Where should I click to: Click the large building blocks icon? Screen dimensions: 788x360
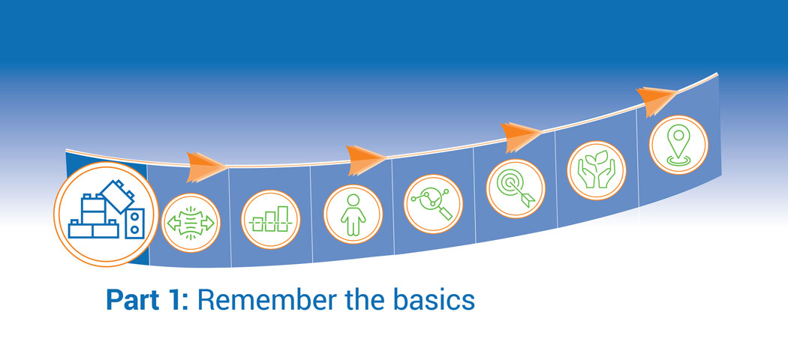click(106, 214)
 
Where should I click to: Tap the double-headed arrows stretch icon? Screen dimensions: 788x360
click(191, 223)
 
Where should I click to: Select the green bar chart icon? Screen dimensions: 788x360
click(271, 220)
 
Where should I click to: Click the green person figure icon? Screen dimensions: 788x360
click(353, 214)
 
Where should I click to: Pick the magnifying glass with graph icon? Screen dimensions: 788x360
click(433, 204)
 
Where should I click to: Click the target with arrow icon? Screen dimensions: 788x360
click(516, 188)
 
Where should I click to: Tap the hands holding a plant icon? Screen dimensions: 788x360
click(597, 170)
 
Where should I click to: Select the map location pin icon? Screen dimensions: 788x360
click(678, 145)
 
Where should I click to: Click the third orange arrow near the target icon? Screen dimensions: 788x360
click(521, 136)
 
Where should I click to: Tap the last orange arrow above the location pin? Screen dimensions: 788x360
click(657, 101)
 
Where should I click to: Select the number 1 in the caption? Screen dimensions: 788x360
click(176, 300)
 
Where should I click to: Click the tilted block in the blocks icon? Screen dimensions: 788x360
click(116, 196)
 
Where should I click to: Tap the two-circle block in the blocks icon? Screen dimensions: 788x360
click(134, 223)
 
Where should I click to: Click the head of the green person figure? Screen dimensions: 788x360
click(353, 199)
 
